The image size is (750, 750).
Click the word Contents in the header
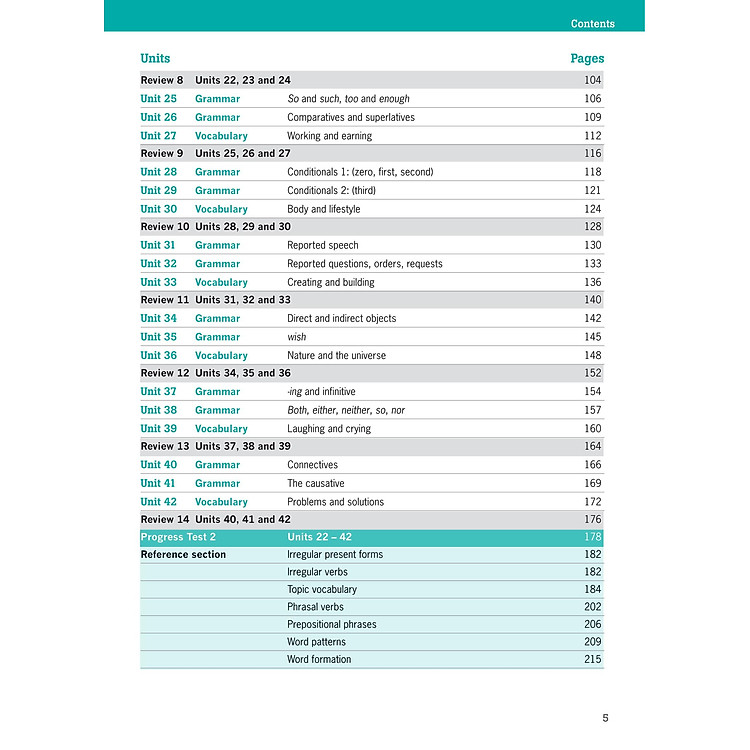pos(592,23)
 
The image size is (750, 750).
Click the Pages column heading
pos(587,59)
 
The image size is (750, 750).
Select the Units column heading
pos(155,59)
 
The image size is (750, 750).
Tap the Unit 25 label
pos(158,99)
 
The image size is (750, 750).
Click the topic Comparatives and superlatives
pos(350,117)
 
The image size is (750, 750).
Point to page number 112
pos(593,136)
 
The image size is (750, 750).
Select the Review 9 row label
pos(162,154)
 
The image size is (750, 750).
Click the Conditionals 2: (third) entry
pos(331,190)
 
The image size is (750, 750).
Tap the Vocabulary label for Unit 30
pos(221,209)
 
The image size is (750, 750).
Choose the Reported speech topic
pos(322,245)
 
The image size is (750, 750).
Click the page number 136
pos(593,282)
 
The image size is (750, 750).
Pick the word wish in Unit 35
pos(297,337)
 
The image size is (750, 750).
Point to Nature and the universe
pos(336,355)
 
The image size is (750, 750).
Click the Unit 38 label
pos(158,410)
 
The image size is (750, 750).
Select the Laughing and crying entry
pos(328,429)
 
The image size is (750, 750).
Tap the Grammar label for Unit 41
pos(217,483)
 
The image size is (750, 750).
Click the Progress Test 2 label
pos(178,537)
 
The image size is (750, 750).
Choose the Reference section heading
pos(183,554)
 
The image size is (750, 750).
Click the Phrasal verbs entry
pos(315,606)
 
